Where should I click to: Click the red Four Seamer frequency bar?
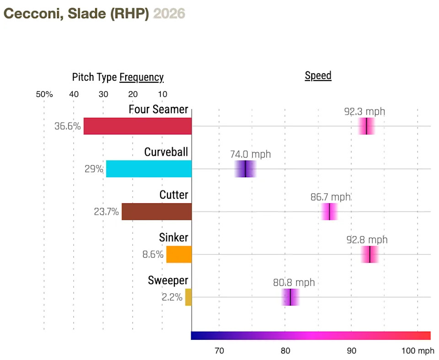137,126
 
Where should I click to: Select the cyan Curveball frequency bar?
149,169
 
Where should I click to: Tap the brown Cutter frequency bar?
156,212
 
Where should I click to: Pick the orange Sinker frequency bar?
179,254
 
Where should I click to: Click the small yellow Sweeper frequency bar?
188,297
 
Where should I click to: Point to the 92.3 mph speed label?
364,111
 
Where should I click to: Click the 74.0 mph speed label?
251,154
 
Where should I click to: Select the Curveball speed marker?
246,169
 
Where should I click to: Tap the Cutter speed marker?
329,212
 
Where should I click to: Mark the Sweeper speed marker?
290,297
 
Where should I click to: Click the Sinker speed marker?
369,254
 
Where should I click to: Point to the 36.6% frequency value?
68,126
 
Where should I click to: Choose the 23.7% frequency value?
106,212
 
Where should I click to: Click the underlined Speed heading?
318,75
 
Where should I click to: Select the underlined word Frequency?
141,77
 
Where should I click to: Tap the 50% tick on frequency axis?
44,95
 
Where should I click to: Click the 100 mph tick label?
418,351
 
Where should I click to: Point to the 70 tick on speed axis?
219,351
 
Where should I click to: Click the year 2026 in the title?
169,14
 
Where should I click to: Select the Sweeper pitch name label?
168,281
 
